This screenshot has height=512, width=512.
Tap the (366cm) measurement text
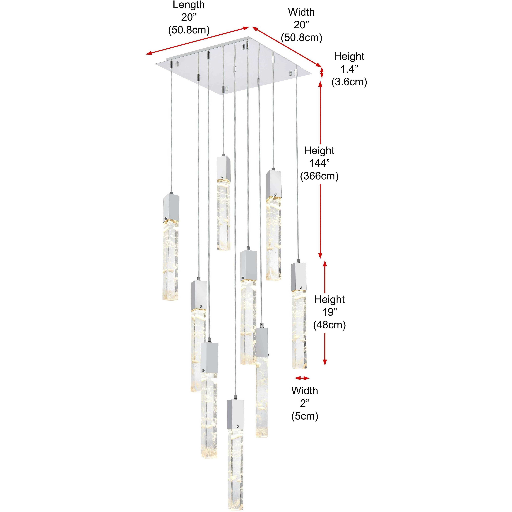click(319, 176)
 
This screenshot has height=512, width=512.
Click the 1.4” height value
click(349, 69)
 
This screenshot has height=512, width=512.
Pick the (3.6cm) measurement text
click(349, 82)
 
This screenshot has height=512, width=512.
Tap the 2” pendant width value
click(305, 403)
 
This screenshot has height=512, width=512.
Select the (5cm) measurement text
click(305, 416)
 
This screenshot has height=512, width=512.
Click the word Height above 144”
click(319, 151)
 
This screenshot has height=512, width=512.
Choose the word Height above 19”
click(329, 299)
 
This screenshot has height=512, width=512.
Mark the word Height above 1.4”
click(349, 56)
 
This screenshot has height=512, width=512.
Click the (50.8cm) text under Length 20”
click(189, 30)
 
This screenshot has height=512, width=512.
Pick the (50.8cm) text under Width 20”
click(302, 38)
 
